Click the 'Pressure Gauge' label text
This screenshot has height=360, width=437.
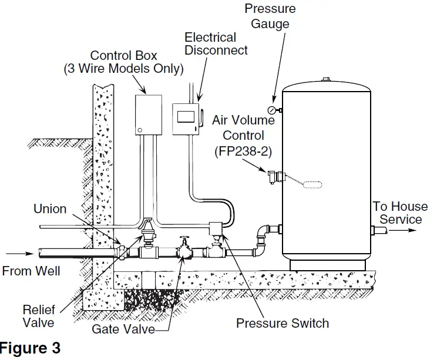tap(270, 16)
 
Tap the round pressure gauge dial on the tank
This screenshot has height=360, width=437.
tap(271, 110)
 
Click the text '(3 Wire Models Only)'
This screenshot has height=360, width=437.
tap(123, 69)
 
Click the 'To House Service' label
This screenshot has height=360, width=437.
tap(401, 213)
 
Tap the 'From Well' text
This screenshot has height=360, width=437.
tap(31, 271)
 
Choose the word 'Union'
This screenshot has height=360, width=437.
tap(50, 208)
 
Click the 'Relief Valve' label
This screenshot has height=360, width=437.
tap(39, 315)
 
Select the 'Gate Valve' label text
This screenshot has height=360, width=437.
tap(123, 329)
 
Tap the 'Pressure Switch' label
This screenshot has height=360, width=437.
tap(283, 323)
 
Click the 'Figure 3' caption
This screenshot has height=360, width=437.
tap(31, 348)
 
